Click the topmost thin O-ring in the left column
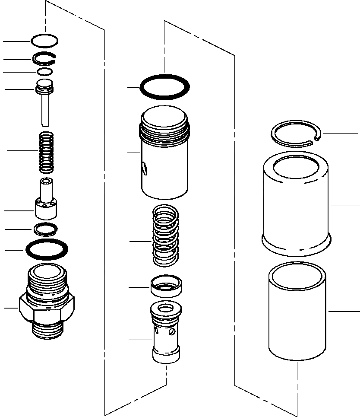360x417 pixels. [44, 36]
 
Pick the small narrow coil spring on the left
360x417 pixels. [45, 151]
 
